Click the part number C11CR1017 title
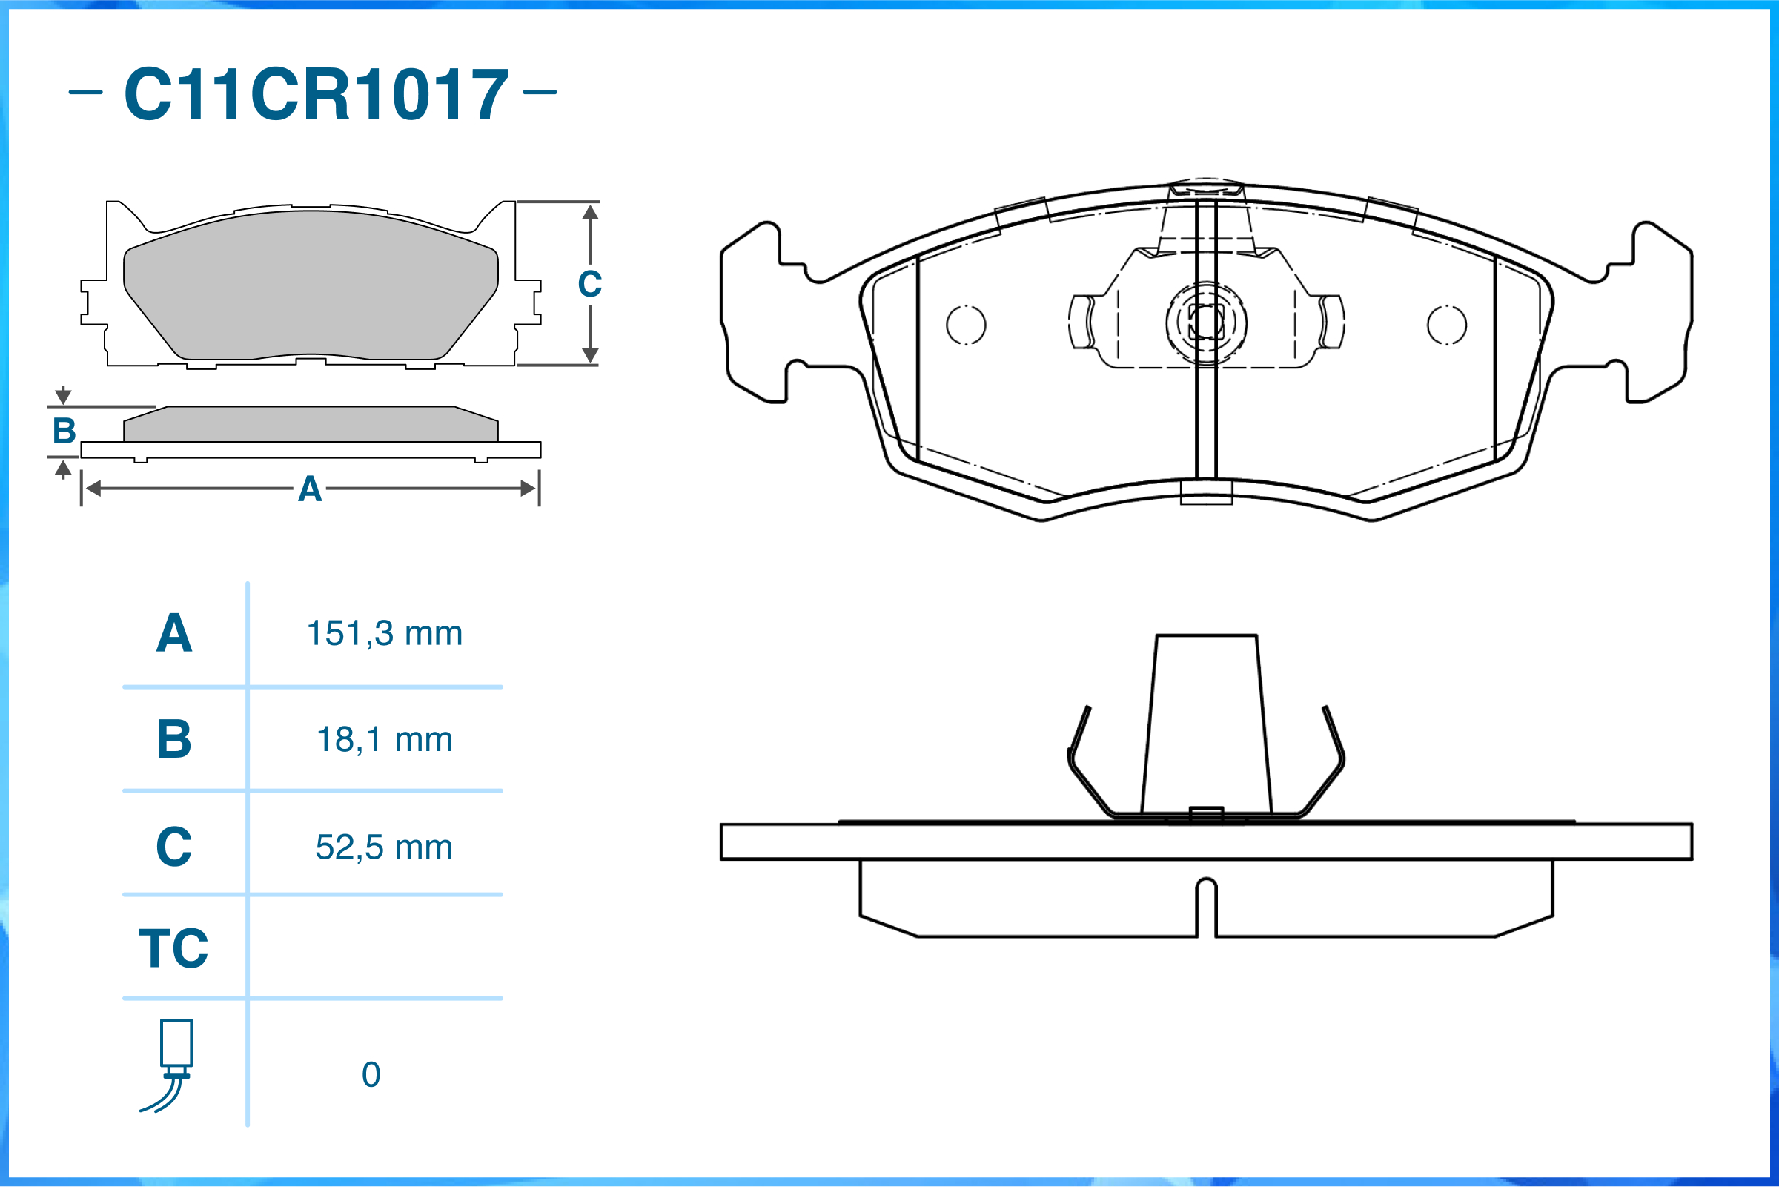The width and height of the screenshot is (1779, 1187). coord(317,94)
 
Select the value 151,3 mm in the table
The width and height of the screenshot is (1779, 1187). coord(385,634)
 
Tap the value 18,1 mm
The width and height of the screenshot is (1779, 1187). coord(385,740)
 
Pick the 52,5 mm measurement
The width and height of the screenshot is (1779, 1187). coord(385,847)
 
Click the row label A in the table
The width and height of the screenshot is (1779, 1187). coord(174,633)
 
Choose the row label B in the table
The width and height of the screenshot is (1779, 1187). coord(174,739)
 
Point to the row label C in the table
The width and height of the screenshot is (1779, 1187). coord(174,847)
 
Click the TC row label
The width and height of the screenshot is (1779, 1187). coord(173,948)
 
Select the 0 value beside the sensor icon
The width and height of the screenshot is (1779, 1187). coord(371,1075)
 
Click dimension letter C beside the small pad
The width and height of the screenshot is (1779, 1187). coord(590,285)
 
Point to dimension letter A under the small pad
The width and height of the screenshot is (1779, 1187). coord(310,489)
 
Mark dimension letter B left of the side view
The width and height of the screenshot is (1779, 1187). coord(64,432)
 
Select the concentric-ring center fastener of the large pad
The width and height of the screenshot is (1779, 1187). coord(1206,323)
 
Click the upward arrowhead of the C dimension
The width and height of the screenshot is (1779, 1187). coord(591,212)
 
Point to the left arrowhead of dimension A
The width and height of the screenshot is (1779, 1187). coord(93,489)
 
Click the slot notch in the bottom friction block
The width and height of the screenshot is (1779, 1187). coord(1206,907)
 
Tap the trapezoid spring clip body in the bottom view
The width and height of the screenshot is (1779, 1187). coord(1206,726)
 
